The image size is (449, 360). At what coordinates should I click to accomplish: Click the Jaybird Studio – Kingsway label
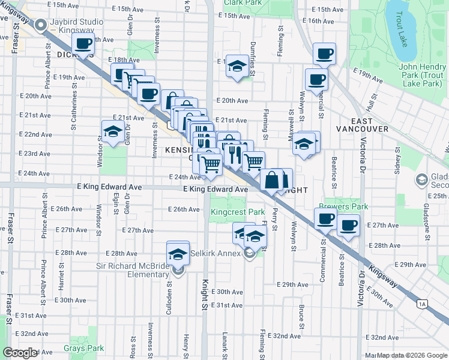(x=77, y=26)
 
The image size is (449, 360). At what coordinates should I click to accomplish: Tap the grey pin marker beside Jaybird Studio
(x=41, y=25)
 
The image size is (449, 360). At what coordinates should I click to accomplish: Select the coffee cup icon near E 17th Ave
(x=83, y=43)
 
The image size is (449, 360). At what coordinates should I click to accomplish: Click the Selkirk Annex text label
(x=217, y=254)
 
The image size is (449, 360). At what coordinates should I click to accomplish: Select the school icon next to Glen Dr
(x=113, y=132)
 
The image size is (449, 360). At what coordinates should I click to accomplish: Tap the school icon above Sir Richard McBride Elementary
(x=178, y=253)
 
